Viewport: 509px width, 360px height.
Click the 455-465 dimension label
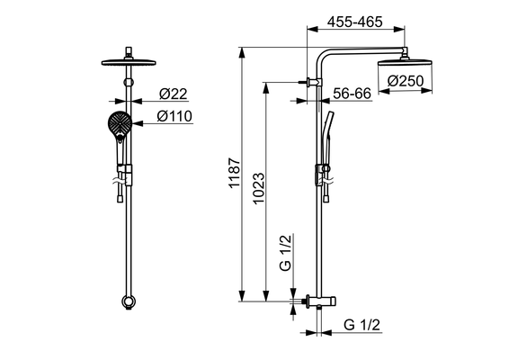point(355,22)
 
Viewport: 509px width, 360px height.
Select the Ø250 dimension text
point(406,81)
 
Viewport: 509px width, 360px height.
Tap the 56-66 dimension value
point(352,94)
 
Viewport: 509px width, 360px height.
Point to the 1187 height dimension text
point(235,173)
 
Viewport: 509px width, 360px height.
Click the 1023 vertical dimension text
point(259,188)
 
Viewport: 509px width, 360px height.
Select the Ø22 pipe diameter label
point(173,94)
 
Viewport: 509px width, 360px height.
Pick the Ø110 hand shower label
point(174,116)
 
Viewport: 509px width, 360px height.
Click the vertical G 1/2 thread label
point(285,253)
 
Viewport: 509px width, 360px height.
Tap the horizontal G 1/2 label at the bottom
point(362,325)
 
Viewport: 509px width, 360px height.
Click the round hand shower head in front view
point(120,122)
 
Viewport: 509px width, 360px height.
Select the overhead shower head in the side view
point(405,62)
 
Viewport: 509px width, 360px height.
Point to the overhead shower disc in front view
point(129,62)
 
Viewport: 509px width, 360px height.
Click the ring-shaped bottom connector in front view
point(129,301)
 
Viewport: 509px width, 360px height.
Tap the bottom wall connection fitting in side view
point(321,301)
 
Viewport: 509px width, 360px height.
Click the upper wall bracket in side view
point(313,82)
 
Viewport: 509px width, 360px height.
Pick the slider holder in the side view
point(322,175)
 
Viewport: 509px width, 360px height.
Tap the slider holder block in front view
point(125,175)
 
